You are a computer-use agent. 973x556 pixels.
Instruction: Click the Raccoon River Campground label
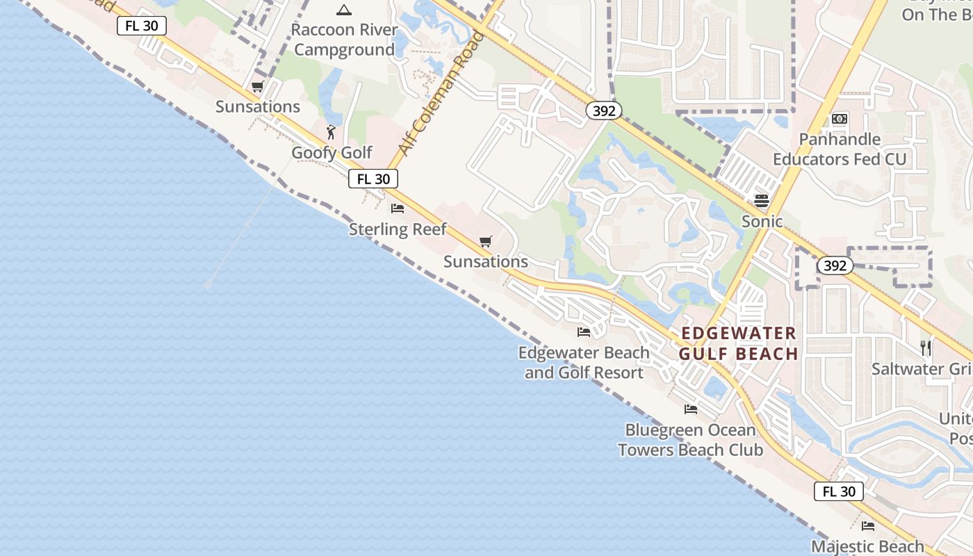tap(344, 40)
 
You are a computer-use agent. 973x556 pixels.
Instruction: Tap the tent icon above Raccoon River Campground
tap(343, 10)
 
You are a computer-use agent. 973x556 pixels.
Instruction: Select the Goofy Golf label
tap(332, 152)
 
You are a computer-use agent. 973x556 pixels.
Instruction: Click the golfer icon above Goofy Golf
tap(331, 132)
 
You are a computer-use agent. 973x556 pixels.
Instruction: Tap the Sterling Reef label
tap(398, 229)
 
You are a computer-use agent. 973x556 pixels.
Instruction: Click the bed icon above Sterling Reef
tap(398, 208)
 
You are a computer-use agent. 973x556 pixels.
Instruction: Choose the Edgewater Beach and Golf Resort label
tap(584, 362)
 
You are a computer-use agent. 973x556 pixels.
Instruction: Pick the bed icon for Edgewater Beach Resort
tap(584, 332)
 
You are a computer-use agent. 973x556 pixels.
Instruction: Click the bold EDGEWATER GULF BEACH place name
tap(739, 343)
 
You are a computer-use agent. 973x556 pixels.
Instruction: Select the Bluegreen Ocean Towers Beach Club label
tap(690, 440)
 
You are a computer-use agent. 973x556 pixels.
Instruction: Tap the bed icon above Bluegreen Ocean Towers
tap(690, 409)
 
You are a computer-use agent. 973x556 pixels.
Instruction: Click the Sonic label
tap(762, 222)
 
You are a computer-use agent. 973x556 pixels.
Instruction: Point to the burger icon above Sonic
tap(762, 201)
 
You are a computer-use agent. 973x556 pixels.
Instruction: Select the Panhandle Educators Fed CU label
tap(840, 149)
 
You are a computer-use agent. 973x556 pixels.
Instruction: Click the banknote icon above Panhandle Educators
tap(840, 119)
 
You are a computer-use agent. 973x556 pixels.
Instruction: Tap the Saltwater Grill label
tap(922, 369)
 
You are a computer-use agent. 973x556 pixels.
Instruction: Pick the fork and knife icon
tap(925, 347)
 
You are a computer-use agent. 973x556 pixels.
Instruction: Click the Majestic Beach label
tap(867, 546)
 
